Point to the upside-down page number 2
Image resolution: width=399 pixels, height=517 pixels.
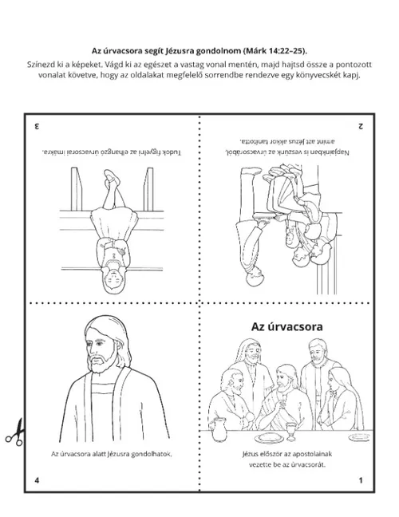[361, 126]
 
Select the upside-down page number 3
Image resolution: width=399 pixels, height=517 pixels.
[37, 126]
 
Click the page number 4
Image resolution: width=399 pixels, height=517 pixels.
[37, 480]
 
